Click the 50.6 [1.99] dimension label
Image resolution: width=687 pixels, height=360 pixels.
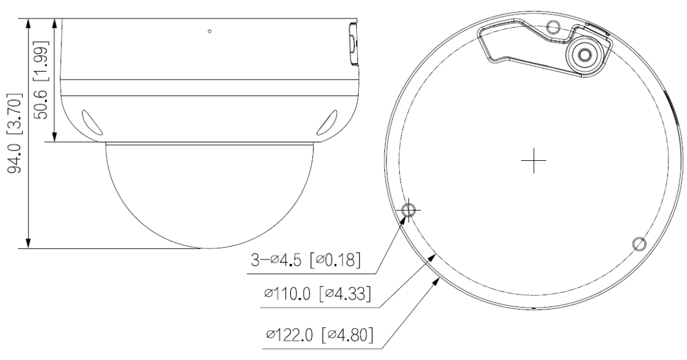(x=42, y=80)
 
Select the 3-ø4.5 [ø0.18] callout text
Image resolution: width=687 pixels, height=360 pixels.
(x=306, y=260)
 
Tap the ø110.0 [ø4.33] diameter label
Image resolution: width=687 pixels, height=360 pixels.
(x=318, y=293)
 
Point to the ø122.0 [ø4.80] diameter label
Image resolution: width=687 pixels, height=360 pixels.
(x=320, y=335)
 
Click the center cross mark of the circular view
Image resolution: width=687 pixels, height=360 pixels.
(x=534, y=160)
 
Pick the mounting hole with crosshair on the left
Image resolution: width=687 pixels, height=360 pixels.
(x=409, y=210)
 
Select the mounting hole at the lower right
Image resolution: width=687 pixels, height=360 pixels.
(x=639, y=243)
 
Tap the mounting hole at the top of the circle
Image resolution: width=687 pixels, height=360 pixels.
(x=554, y=27)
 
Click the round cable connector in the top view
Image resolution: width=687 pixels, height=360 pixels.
(x=584, y=55)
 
